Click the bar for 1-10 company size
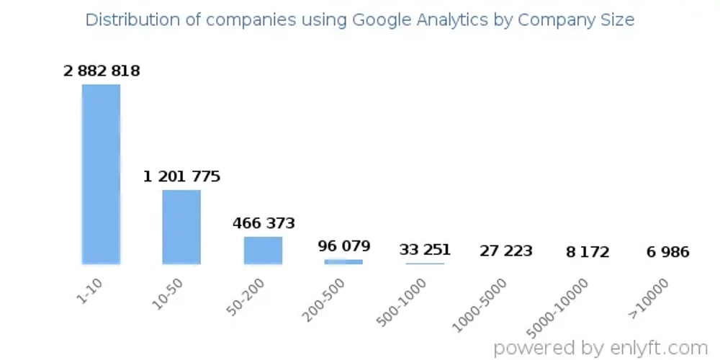101,174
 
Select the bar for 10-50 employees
181,226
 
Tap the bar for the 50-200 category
263,250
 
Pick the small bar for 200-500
343,261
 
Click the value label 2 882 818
102,71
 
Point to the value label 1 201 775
181,176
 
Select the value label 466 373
264,223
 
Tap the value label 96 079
344,246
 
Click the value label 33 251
425,250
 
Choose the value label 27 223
506,251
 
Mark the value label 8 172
587,252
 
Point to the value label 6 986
667,252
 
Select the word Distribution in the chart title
130,19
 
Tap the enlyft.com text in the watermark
657,347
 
